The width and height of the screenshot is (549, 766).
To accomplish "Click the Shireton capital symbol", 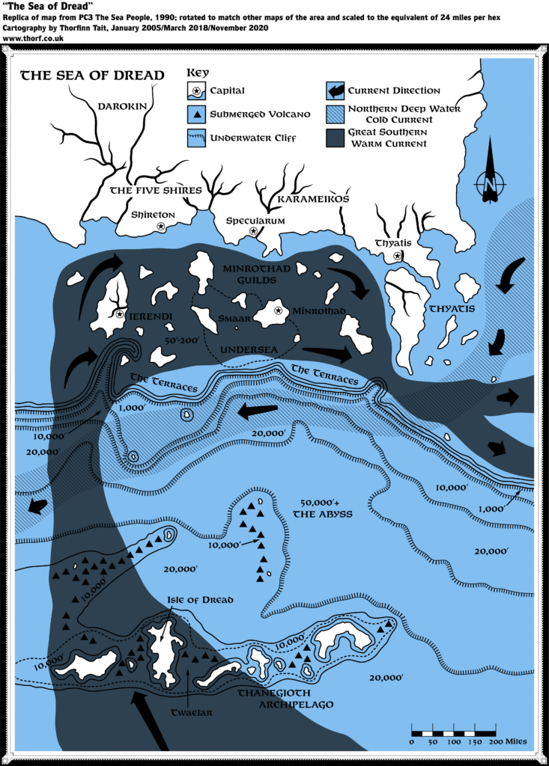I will (160, 226).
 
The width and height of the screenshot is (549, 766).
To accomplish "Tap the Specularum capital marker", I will (253, 232).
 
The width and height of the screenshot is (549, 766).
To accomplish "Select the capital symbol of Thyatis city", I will (398, 256).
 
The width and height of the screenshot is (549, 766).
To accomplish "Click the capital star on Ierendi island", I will (119, 314).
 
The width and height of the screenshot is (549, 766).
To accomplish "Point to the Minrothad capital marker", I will (278, 310).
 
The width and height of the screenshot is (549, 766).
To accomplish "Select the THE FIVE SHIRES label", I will (156, 190).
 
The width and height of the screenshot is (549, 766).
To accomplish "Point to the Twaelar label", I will (191, 713).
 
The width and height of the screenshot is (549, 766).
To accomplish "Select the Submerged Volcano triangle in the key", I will (195, 114).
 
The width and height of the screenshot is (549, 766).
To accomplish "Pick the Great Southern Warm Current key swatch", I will (336, 137).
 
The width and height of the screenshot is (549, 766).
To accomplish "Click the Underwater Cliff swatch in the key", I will (195, 138).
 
